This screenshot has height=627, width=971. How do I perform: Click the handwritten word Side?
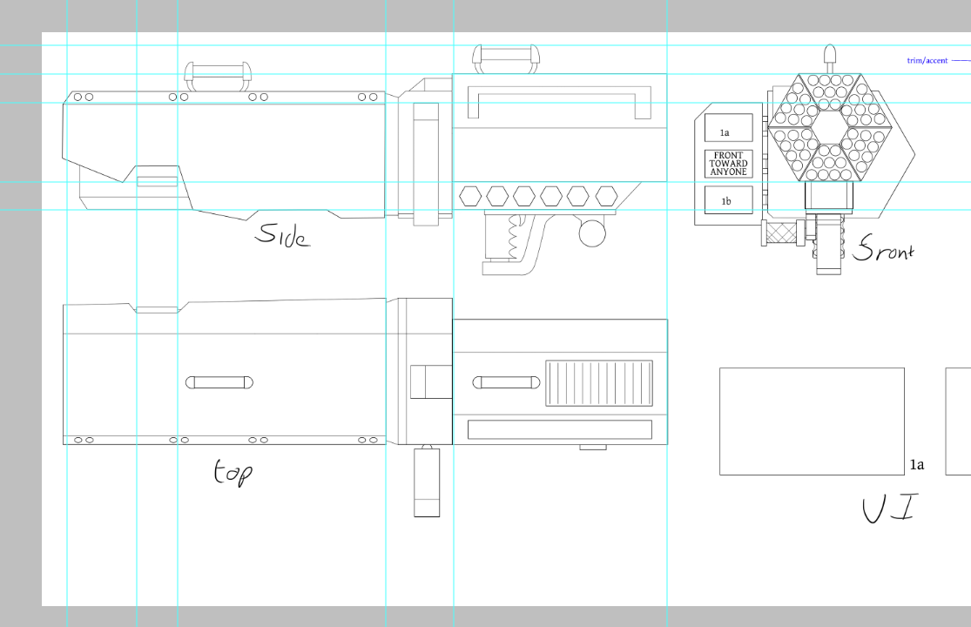point(283,234)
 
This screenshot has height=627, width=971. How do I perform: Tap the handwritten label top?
point(233,472)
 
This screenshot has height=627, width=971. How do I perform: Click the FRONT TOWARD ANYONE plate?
point(728,164)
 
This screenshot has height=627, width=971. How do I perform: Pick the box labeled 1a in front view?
point(728,127)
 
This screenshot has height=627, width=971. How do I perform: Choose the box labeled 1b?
point(728,200)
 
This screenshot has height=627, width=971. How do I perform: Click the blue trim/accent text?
point(927,61)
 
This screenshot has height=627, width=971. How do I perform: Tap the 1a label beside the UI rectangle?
point(917,465)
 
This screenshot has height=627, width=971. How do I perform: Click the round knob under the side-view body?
point(592,233)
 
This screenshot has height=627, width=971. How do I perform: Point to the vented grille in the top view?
point(599,383)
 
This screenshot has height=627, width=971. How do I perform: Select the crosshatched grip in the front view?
point(781,234)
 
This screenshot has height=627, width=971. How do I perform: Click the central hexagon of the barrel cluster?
point(829,127)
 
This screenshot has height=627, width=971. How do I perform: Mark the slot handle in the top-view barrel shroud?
point(219,382)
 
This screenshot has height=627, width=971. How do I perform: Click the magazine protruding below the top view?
point(427,482)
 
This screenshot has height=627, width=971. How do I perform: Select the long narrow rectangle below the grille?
point(560,429)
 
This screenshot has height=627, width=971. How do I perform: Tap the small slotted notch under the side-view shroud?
point(158,181)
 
